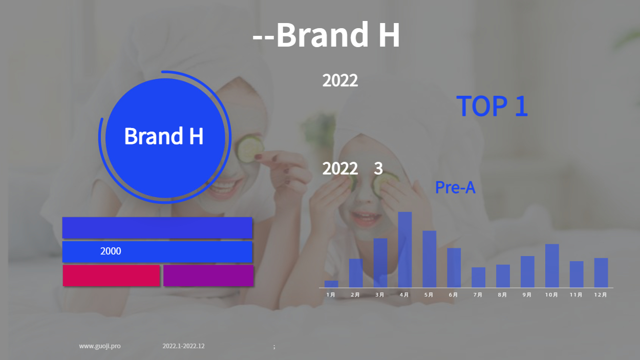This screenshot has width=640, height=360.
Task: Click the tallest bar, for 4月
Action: (405, 249)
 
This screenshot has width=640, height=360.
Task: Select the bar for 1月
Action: (331, 284)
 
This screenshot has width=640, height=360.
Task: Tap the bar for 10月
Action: (552, 266)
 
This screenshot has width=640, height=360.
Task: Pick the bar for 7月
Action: (478, 278)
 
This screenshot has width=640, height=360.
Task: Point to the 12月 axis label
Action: (601, 295)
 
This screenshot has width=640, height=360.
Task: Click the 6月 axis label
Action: (454, 295)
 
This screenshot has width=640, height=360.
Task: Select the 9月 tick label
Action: (527, 295)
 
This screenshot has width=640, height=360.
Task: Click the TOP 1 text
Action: (492, 106)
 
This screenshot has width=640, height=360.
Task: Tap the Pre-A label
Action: (455, 187)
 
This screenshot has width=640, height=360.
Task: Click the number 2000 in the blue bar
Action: (111, 251)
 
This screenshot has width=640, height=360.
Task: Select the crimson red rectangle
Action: (111, 276)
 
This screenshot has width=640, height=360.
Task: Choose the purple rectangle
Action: (208, 276)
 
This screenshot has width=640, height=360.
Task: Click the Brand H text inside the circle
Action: (164, 136)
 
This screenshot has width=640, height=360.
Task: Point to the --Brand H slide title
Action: (326, 35)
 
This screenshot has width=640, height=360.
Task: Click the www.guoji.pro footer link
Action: (100, 346)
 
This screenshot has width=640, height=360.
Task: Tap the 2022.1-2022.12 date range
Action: (183, 346)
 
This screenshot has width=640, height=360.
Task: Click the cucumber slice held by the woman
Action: (250, 149)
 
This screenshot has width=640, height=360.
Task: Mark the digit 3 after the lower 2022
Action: (378, 168)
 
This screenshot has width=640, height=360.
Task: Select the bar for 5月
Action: (430, 259)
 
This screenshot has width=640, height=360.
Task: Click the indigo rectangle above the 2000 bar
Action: (157, 228)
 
